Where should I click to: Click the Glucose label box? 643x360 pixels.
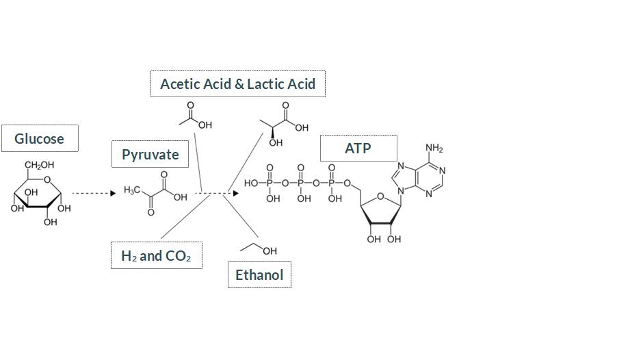pos(40,138)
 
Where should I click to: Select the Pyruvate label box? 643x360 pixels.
pos(150,154)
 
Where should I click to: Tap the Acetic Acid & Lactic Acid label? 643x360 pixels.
pos(237,83)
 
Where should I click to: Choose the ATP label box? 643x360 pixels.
pos(358,148)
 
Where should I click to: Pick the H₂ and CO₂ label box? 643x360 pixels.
pos(156,256)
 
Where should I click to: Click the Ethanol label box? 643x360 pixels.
pos(259,275)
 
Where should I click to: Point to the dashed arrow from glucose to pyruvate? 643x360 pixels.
pos(93,193)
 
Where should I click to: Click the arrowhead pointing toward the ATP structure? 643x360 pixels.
pos(236,193)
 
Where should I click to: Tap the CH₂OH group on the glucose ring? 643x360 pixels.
pos(39,165)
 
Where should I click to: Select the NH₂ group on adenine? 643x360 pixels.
pos(434,149)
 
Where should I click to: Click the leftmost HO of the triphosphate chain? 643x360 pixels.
pos(251,183)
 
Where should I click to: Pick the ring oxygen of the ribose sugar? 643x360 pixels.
pos(381,197)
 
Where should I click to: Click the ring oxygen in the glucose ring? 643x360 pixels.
pos(47,180)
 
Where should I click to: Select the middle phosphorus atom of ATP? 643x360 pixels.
pos(300,183)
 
